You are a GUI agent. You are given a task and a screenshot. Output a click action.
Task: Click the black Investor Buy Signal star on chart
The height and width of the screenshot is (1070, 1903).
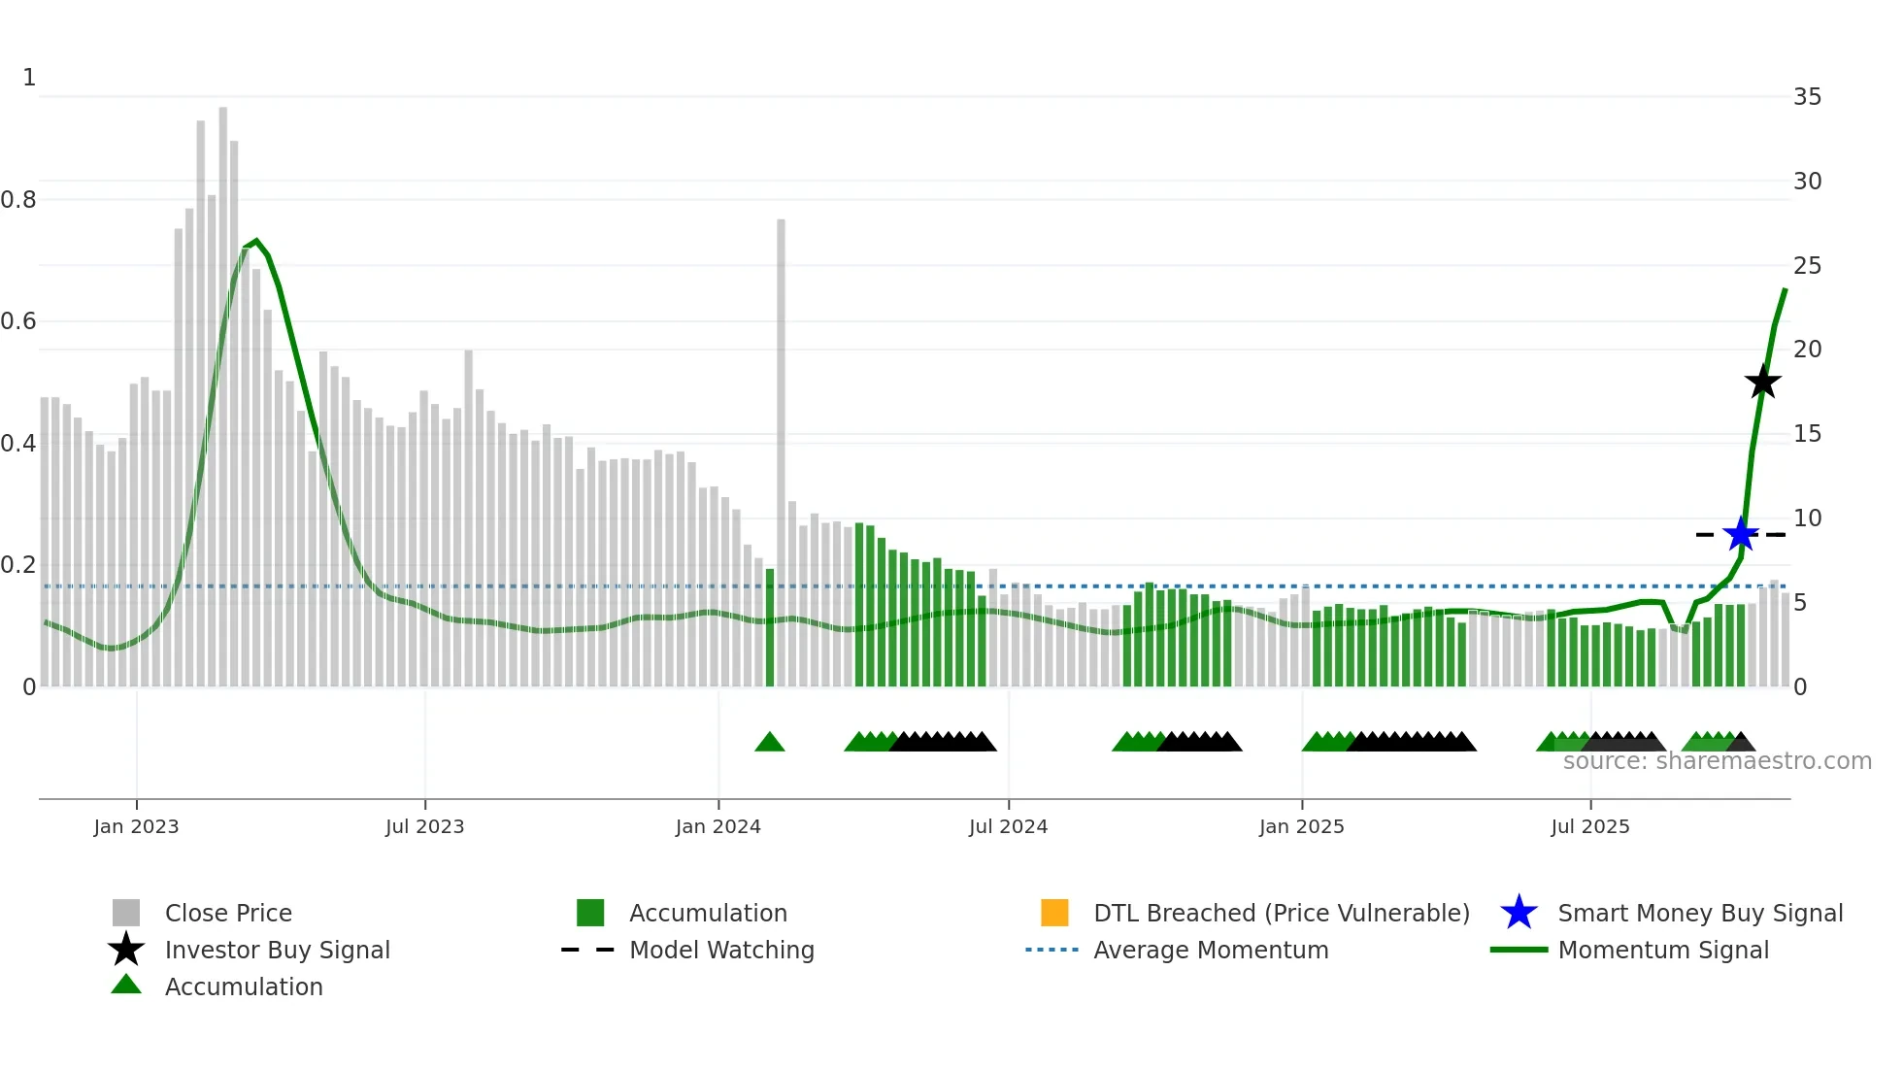(1762, 382)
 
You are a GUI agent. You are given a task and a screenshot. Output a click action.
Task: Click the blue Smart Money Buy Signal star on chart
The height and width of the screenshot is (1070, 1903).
(1741, 534)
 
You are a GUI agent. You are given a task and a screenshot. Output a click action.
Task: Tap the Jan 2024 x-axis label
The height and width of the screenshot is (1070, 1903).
(718, 826)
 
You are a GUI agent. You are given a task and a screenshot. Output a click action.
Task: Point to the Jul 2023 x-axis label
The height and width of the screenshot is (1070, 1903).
(424, 826)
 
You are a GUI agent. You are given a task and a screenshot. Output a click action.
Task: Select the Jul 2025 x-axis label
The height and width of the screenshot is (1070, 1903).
(1589, 826)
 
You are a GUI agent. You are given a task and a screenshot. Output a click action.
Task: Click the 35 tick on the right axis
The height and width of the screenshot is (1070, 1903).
(1807, 97)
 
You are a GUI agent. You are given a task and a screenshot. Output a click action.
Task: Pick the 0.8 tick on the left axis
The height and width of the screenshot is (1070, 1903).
(18, 200)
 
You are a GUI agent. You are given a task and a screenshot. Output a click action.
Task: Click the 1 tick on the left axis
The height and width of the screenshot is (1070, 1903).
(29, 78)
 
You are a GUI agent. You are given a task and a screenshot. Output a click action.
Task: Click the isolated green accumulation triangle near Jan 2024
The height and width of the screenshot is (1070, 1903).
(769, 743)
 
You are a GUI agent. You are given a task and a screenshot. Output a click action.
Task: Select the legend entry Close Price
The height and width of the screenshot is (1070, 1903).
(228, 913)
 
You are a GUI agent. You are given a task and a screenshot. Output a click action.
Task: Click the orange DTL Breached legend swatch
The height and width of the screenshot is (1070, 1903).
(1054, 913)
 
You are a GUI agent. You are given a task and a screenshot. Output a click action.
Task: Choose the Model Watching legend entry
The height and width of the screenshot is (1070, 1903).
(721, 950)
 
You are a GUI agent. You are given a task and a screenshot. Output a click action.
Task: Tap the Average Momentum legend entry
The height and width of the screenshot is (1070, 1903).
(1210, 950)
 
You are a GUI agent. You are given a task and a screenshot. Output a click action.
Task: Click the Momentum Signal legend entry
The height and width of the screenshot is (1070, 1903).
(1662, 950)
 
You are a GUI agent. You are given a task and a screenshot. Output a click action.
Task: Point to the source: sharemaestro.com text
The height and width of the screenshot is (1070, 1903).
(1717, 761)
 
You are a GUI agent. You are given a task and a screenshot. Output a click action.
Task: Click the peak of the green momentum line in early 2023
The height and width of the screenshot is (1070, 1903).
(255, 241)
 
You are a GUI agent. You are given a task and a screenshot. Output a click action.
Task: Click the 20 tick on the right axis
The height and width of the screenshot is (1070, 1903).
(1807, 350)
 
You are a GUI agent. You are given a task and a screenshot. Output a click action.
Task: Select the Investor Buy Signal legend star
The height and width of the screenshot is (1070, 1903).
(126, 950)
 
